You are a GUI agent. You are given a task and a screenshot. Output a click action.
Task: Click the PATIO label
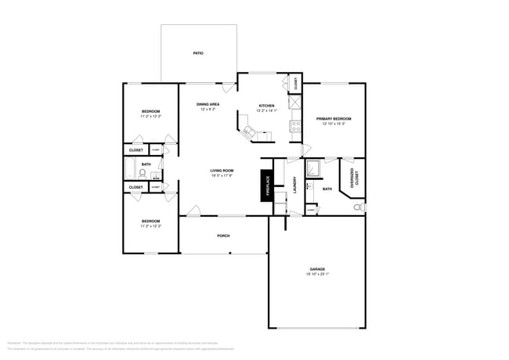[198, 53]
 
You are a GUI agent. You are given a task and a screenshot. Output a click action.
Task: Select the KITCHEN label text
[267, 104]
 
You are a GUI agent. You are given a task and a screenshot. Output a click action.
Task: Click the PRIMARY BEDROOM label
[334, 119]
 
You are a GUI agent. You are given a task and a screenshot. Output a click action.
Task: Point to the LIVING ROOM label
[222, 170]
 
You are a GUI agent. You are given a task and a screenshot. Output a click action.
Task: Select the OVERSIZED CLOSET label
[354, 178]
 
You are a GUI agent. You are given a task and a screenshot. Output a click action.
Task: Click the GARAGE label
[316, 268]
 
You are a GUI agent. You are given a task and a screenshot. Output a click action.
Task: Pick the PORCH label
[223, 235]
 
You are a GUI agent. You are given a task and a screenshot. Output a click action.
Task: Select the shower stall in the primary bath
[314, 169]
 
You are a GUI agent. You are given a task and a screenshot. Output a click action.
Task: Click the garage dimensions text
[316, 274]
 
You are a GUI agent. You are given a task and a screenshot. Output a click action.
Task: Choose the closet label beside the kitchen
[296, 83]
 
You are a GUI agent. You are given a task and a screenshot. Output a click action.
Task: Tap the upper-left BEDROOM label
[150, 113]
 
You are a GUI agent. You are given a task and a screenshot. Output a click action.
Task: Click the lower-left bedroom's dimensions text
[150, 226]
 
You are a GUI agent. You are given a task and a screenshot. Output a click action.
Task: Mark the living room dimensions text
[222, 175]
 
